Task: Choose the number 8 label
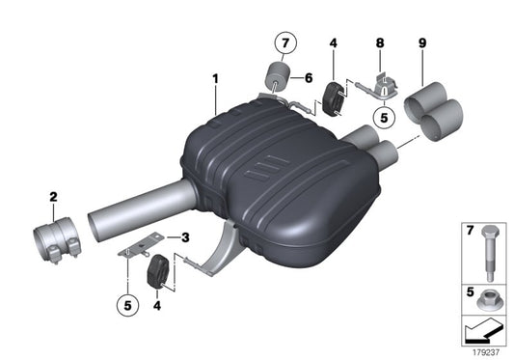[380, 42]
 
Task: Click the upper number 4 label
[332, 42]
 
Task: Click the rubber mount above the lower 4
[157, 273]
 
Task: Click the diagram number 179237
[484, 350]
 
